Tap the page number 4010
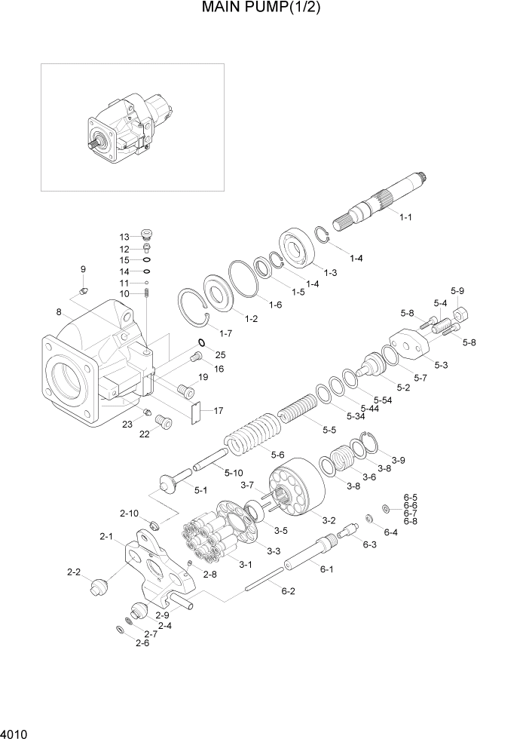pyautogui.click(x=14, y=734)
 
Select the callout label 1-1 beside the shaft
pyautogui.click(x=405, y=217)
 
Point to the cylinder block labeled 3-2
pyautogui.click(x=298, y=483)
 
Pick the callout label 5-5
pyautogui.click(x=329, y=430)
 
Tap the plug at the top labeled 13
pyautogui.click(x=147, y=235)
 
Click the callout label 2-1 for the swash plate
pyautogui.click(x=105, y=537)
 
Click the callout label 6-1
pyautogui.click(x=326, y=569)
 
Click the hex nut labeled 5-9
pyautogui.click(x=461, y=311)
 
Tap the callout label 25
pyautogui.click(x=220, y=354)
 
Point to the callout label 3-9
pyautogui.click(x=398, y=460)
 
